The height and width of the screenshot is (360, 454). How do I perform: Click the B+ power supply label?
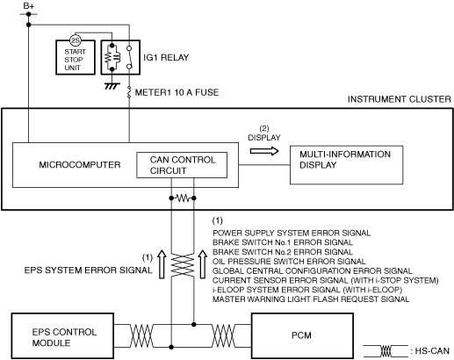29,6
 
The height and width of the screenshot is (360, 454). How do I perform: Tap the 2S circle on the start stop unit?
76,40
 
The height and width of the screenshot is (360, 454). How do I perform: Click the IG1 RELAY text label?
166,57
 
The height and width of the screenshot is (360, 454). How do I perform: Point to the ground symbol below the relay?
112,86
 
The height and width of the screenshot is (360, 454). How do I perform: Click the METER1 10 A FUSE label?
177,92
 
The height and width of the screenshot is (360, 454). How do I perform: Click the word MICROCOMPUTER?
80,165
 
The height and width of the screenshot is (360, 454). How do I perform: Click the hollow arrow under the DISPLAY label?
264,151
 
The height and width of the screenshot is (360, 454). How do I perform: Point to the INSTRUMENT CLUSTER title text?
400,99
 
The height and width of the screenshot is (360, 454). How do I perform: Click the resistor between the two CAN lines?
183,198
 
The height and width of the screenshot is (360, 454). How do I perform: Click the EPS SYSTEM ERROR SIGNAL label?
88,270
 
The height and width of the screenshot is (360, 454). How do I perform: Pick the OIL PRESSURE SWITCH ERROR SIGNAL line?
289,262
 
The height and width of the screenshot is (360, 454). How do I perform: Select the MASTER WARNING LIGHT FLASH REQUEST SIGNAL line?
311,299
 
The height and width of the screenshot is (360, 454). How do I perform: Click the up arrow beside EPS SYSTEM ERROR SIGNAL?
162,264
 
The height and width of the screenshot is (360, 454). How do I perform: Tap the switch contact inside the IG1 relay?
129,57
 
